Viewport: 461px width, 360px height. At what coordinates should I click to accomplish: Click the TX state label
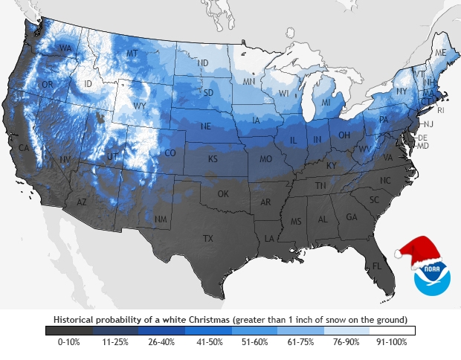click(x=208, y=238)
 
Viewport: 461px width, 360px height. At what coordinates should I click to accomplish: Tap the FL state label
click(x=377, y=266)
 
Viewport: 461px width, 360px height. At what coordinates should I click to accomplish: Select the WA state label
click(x=65, y=49)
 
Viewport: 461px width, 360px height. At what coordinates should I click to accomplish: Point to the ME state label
click(x=441, y=54)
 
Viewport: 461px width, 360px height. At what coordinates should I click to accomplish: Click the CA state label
click(x=24, y=148)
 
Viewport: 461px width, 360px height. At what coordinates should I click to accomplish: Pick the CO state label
click(x=170, y=153)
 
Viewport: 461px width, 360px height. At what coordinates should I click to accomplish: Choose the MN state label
click(x=249, y=80)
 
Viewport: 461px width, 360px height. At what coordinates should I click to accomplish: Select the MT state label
click(x=132, y=54)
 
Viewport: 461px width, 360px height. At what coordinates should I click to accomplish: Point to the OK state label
click(x=223, y=194)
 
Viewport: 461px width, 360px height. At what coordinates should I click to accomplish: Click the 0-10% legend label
click(x=68, y=343)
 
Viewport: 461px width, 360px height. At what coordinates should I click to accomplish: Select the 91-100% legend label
click(x=392, y=343)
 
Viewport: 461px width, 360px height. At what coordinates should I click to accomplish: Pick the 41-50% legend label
click(x=207, y=343)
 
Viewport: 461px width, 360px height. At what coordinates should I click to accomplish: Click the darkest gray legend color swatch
click(x=68, y=330)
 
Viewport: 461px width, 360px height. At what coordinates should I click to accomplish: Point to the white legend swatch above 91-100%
click(x=392, y=330)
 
